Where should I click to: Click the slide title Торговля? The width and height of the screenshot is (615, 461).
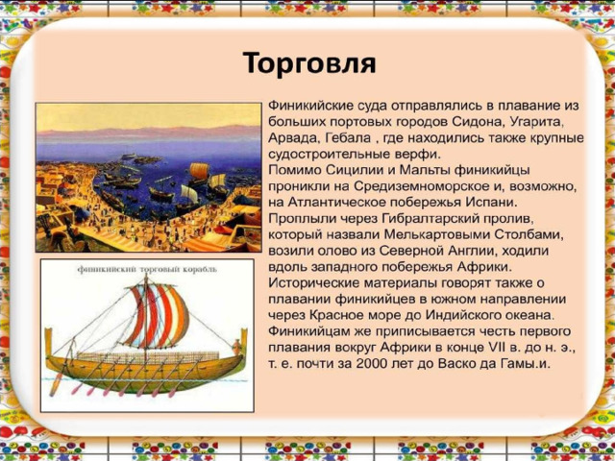(309, 63)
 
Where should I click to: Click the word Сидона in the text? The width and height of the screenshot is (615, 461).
(477, 122)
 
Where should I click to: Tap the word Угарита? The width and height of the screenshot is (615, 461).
(537, 122)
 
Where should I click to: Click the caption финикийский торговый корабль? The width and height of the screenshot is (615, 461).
(147, 270)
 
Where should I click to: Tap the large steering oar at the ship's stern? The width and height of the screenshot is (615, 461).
(57, 382)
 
